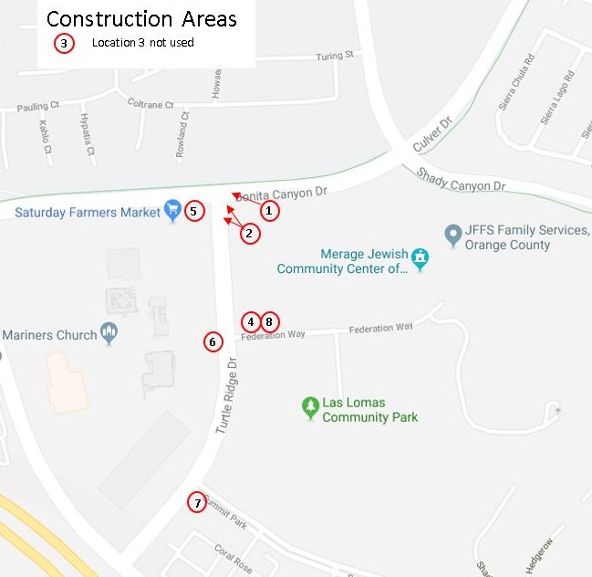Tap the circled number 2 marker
point(250,234)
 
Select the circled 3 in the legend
point(63,43)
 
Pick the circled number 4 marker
point(251,321)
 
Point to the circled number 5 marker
point(193,211)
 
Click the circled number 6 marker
point(213,342)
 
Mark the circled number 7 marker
point(196,502)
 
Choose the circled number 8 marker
point(269,321)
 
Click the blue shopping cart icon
point(172,211)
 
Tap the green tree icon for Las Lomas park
point(311,407)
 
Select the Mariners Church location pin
point(109,333)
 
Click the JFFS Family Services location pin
point(452,236)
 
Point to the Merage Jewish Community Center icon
point(420,258)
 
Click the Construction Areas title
point(141,18)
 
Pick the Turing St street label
point(334,57)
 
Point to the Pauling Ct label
point(38,108)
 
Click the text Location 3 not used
point(143,43)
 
